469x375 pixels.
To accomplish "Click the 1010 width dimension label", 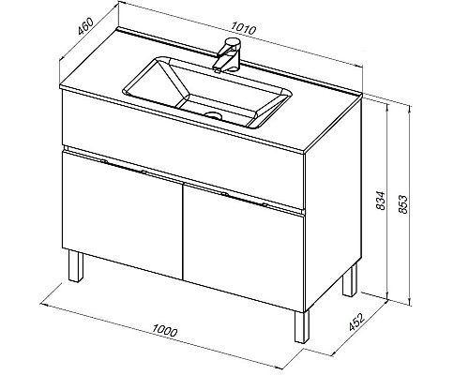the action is [x=244, y=28].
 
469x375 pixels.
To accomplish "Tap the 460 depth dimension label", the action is [x=85, y=26].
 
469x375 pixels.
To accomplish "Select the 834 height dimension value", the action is [x=381, y=201].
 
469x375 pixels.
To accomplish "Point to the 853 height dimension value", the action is [x=402, y=204].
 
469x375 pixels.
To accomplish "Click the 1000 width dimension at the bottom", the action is [x=165, y=330].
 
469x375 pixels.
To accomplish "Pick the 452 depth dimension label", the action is [x=356, y=322].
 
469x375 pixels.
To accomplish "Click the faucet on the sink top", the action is [x=227, y=54].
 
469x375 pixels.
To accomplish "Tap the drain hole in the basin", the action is [x=213, y=115].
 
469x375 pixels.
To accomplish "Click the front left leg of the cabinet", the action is [x=76, y=265].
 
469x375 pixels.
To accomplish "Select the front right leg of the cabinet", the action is [x=301, y=326].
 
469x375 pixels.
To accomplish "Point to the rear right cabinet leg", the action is [x=350, y=280].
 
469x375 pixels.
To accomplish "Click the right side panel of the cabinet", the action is [x=333, y=204].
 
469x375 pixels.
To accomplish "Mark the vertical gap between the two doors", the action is [x=183, y=232].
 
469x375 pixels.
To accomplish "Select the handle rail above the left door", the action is [x=123, y=166].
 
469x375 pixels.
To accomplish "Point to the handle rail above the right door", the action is [x=245, y=199].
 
